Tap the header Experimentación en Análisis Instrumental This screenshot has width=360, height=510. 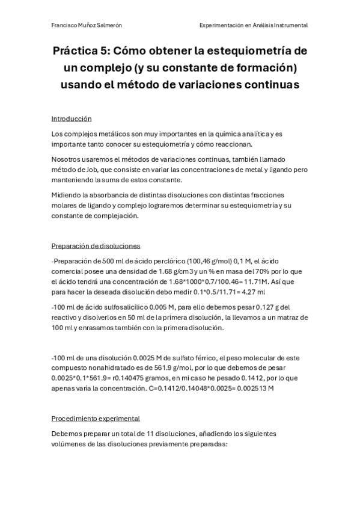coord(254,25)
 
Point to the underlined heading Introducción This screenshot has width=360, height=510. coord(72,118)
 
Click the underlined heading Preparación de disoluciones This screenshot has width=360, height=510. coord(96,245)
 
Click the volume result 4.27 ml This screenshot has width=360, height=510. coord(252,292)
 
